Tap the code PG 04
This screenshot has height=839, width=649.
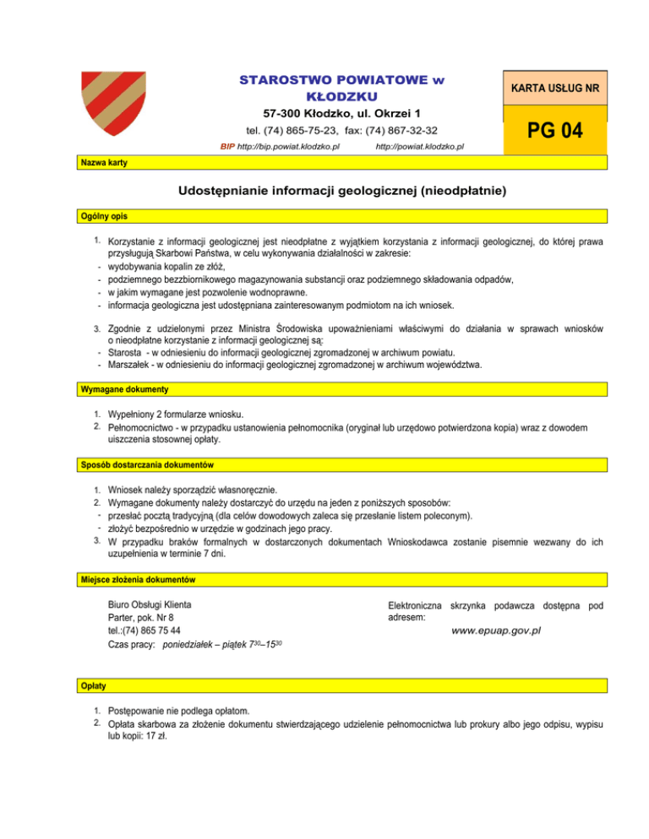tap(555, 132)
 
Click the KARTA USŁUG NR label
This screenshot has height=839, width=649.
tap(554, 88)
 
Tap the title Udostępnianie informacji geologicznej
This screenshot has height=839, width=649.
tap(341, 192)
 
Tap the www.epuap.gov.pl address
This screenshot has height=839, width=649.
tap(496, 631)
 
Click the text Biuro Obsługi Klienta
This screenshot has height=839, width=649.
tap(150, 604)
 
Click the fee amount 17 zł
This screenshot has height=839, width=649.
tap(156, 735)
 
